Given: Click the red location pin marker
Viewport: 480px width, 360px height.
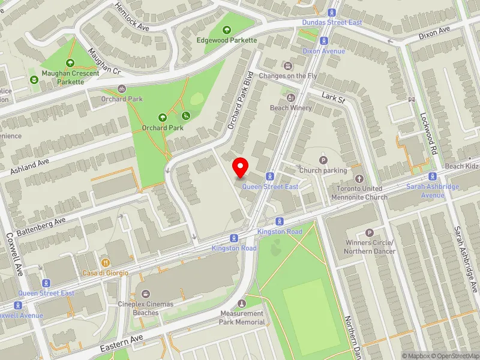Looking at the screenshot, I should point(241,167).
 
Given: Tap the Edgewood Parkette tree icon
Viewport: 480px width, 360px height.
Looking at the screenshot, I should point(227,29).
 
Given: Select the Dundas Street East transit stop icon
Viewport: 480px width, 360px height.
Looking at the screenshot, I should point(332,13).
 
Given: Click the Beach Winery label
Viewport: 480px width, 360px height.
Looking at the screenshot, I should point(291,108).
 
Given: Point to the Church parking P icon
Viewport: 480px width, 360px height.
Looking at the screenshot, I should point(323,160).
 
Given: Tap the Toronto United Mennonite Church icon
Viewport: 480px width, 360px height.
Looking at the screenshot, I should point(359,178).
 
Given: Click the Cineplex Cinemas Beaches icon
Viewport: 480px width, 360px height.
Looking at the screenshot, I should point(146,293).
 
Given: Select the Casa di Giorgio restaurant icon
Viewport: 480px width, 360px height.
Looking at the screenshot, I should point(106,262).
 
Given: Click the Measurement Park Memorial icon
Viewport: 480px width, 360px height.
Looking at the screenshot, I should point(242,304).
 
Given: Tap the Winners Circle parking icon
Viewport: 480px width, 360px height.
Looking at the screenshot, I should point(369,232).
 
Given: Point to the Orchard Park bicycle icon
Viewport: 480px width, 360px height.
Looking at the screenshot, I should point(122,88).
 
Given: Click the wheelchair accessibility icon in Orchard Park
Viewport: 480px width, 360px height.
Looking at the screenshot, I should point(186,115).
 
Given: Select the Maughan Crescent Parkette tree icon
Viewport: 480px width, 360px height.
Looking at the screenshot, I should point(70,62).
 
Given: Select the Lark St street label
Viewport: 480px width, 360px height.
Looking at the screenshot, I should point(332,97).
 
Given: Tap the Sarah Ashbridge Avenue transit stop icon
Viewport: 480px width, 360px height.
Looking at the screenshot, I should point(432,176).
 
